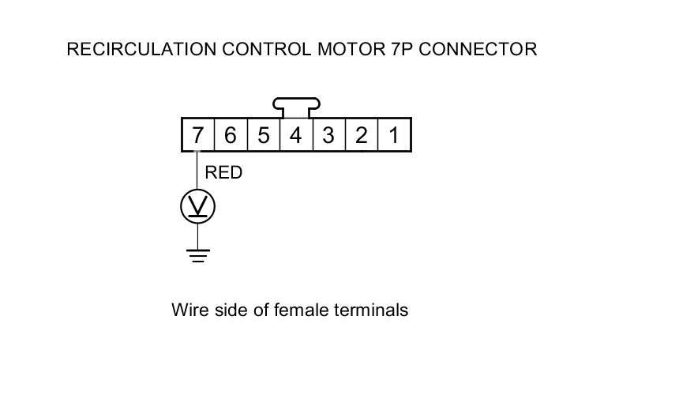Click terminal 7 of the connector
click(x=197, y=135)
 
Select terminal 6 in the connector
click(x=230, y=135)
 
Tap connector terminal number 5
click(x=263, y=135)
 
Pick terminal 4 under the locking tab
click(x=295, y=135)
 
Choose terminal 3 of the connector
click(x=328, y=135)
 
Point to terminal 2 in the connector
click(x=361, y=135)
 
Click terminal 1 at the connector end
click(x=393, y=135)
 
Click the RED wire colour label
click(x=223, y=172)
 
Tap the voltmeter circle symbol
click(x=197, y=207)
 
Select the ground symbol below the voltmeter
click(x=197, y=255)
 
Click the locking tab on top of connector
click(x=296, y=104)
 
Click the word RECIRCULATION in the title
click(x=140, y=49)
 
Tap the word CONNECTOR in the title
click(x=478, y=49)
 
